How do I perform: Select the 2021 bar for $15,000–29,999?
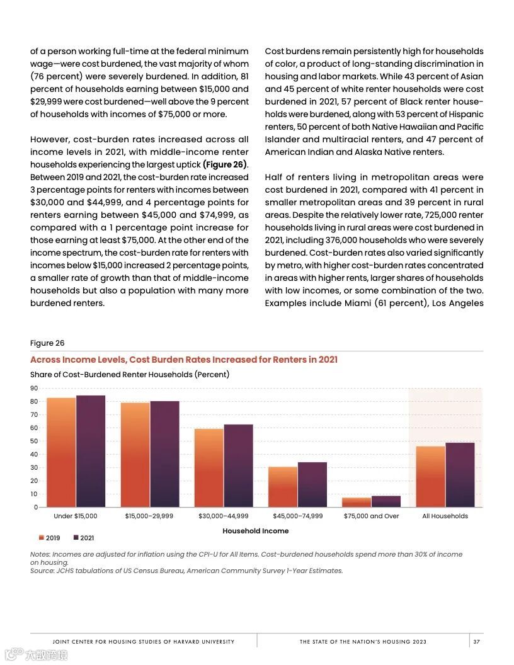tap(164, 454)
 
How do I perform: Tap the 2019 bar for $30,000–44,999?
tap(208, 468)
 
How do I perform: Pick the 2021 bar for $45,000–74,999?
tap(312, 484)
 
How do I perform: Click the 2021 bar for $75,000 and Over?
tap(385, 501)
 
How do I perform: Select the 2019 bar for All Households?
tap(430, 476)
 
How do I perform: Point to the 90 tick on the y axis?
tap(34, 388)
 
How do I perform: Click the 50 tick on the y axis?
tap(34, 441)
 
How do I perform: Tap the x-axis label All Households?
tap(445, 516)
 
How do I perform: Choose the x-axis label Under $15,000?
tap(76, 516)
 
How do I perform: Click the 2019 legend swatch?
tap(42, 538)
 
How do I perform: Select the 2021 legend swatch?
tap(76, 538)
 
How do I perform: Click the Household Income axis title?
tap(255, 531)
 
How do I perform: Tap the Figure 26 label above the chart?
tap(47, 343)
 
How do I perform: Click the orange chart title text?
tap(184, 360)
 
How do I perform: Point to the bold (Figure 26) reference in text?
tap(224, 164)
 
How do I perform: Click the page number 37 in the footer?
tap(477, 642)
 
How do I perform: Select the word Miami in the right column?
tap(336, 303)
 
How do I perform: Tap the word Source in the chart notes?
tap(42, 571)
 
